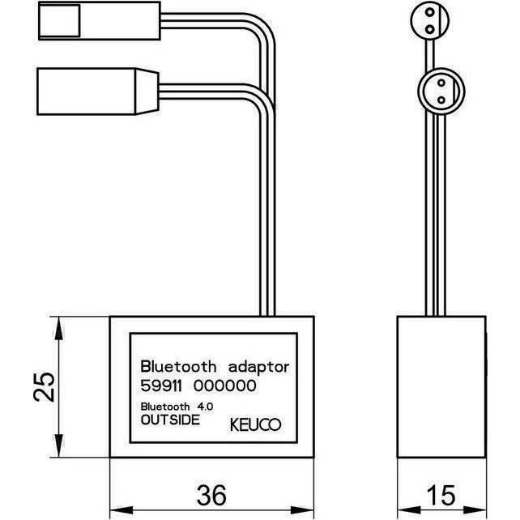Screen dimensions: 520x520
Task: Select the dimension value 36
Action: click(211, 493)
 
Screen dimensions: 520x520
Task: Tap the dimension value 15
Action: click(442, 493)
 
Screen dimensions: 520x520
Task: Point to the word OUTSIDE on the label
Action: click(169, 420)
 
